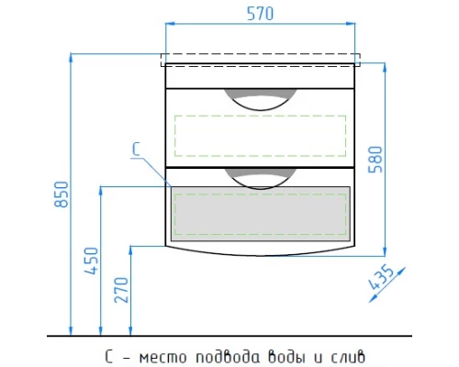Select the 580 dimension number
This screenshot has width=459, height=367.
click(397, 156)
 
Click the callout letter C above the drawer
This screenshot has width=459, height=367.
click(135, 149)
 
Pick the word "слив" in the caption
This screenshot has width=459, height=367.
click(346, 353)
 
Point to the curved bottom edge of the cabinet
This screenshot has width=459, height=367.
click(260, 253)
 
